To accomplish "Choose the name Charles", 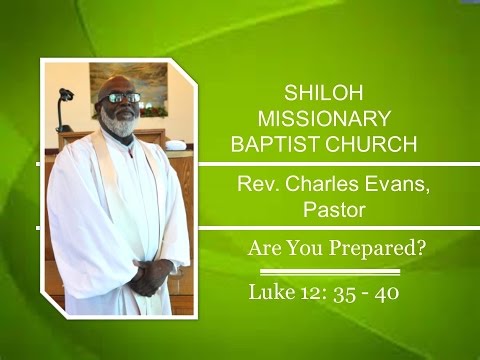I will (x=318, y=185).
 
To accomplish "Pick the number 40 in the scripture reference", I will (x=388, y=294).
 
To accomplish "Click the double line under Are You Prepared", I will (x=330, y=271).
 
